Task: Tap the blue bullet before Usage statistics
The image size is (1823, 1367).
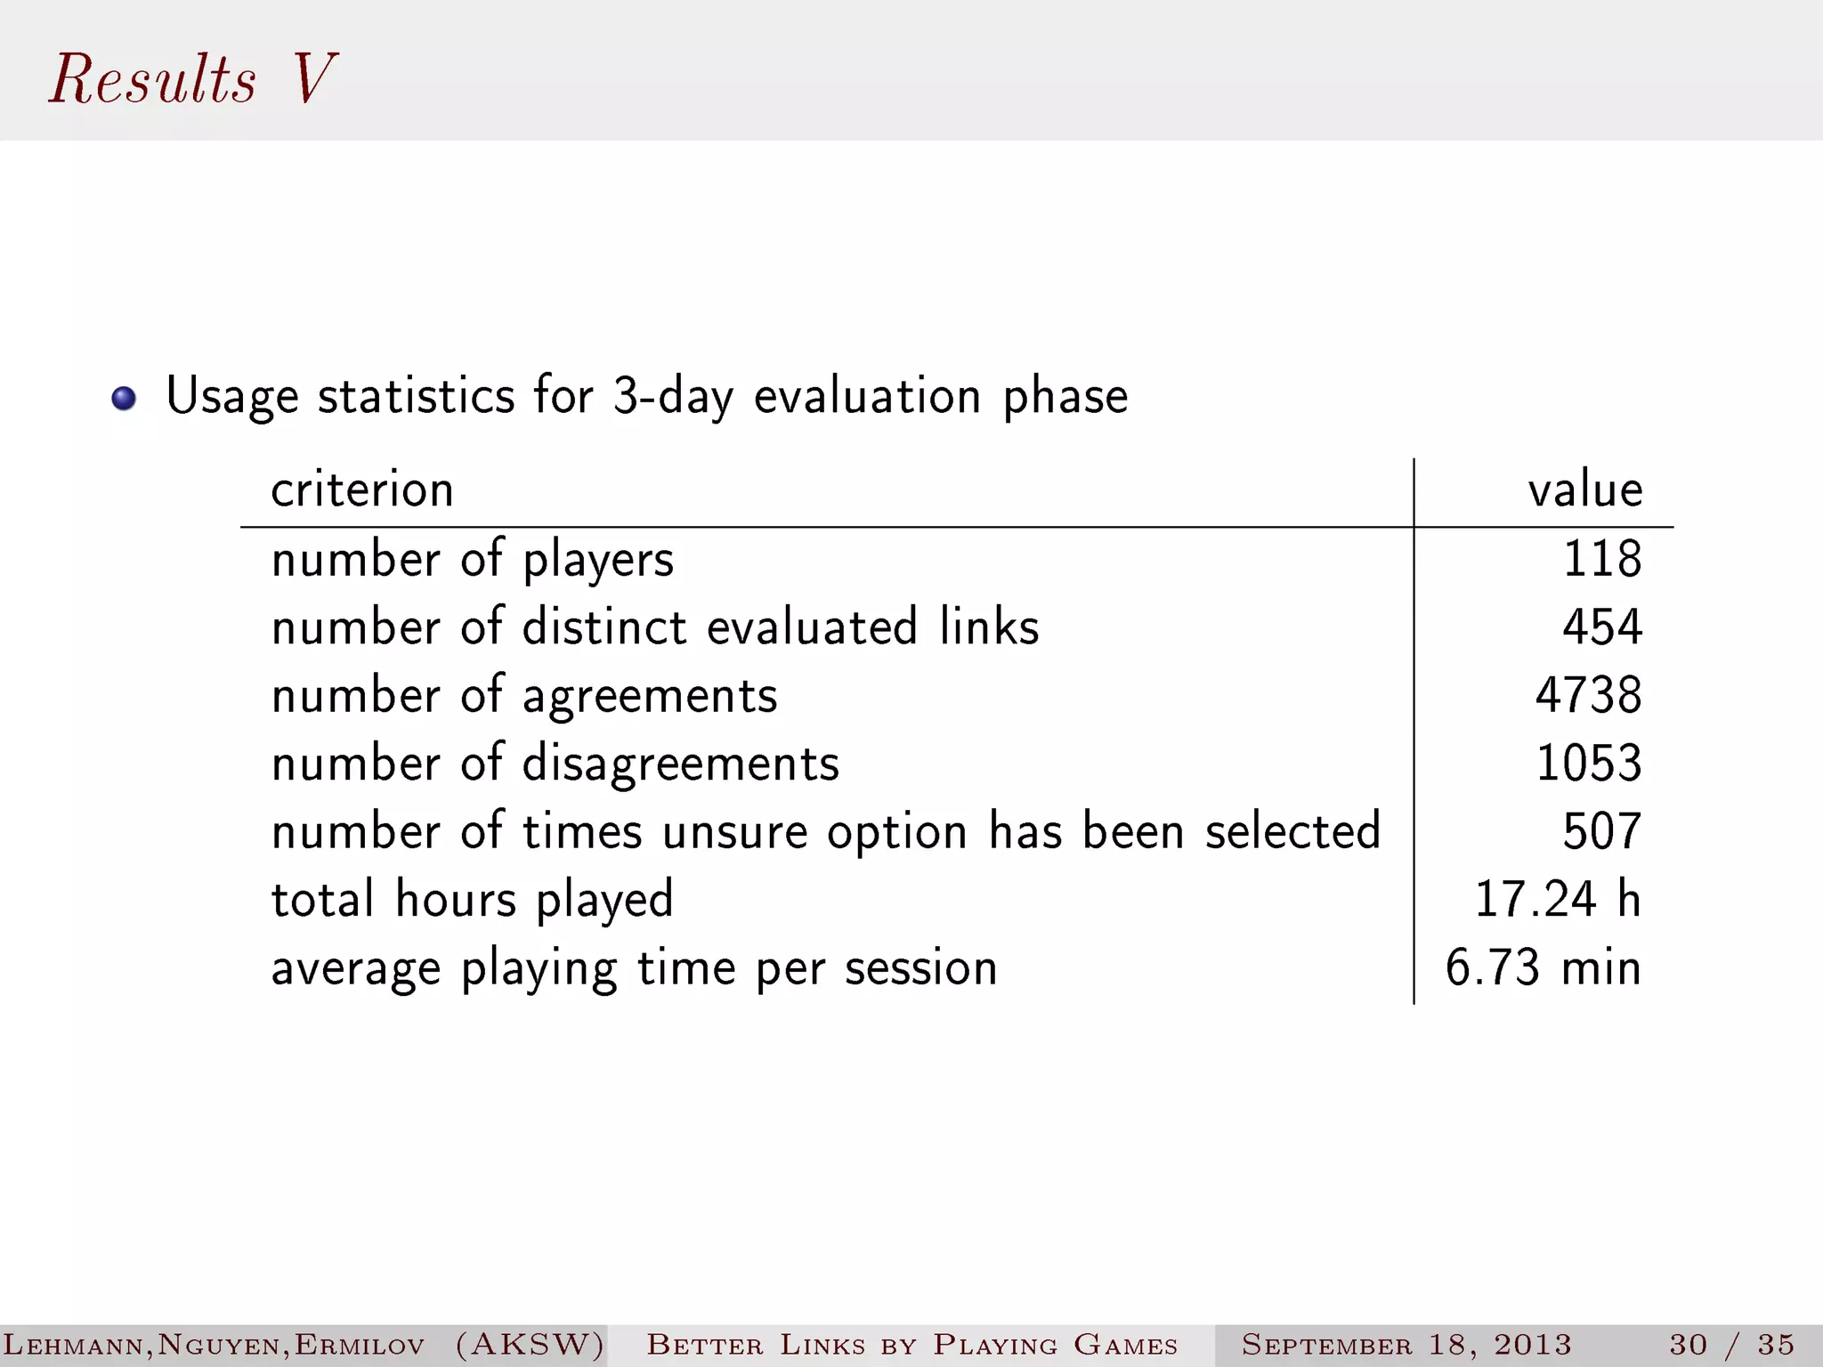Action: pyautogui.click(x=124, y=398)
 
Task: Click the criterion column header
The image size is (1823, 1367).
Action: pyautogui.click(x=362, y=489)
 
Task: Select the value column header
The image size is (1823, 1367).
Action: pyautogui.click(x=1584, y=489)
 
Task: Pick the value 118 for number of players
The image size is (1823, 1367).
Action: pyautogui.click(x=1601, y=559)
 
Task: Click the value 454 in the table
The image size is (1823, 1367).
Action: pyautogui.click(x=1601, y=627)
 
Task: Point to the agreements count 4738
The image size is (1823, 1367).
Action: pyautogui.click(x=1588, y=695)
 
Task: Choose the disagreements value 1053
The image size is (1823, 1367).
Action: pyautogui.click(x=1588, y=763)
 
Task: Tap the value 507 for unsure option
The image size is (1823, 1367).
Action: pyautogui.click(x=1601, y=831)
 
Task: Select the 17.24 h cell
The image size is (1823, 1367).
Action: pyautogui.click(x=1557, y=899)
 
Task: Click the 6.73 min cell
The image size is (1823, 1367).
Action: pyautogui.click(x=1543, y=967)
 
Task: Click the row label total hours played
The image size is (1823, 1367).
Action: pyautogui.click(x=473, y=900)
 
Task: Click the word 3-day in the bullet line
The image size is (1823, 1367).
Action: pyautogui.click(x=673, y=396)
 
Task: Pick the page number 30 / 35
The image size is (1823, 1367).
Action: pyautogui.click(x=1731, y=1344)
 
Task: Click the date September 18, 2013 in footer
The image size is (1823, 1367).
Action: pyautogui.click(x=1406, y=1344)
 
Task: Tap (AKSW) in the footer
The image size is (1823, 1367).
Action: pyautogui.click(x=530, y=1344)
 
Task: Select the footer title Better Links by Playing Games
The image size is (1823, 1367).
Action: pyautogui.click(x=912, y=1344)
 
